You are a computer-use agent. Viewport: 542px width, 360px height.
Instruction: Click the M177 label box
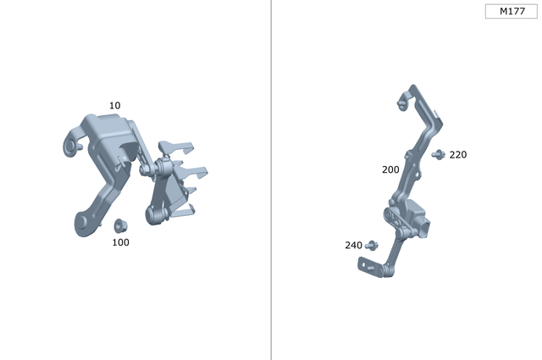[x=511, y=12]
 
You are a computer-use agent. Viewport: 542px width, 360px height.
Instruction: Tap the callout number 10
[x=114, y=106]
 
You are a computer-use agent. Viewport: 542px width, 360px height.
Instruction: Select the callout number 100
[x=120, y=242]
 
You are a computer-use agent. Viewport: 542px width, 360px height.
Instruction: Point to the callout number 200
[x=390, y=169]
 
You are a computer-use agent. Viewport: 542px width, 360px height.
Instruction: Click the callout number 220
[x=457, y=155]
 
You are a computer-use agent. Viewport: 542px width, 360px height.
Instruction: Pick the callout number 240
[x=353, y=246]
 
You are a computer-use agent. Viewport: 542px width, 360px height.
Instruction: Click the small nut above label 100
[x=119, y=226]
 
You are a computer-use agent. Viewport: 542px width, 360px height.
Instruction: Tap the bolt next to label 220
[x=438, y=154]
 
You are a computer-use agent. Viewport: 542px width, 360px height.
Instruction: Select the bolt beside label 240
[x=371, y=246]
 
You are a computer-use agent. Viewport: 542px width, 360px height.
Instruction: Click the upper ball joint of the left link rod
[x=147, y=169]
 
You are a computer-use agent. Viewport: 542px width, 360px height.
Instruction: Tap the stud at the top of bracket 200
[x=401, y=105]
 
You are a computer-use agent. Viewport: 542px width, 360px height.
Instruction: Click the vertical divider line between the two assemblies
[x=271, y=180]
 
